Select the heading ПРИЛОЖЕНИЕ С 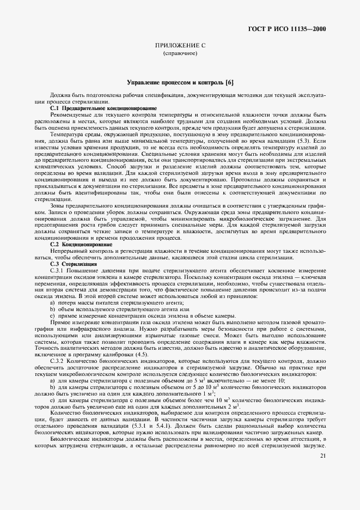point(180,46)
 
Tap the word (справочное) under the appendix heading point(180,54)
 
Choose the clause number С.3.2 point(57,361)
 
